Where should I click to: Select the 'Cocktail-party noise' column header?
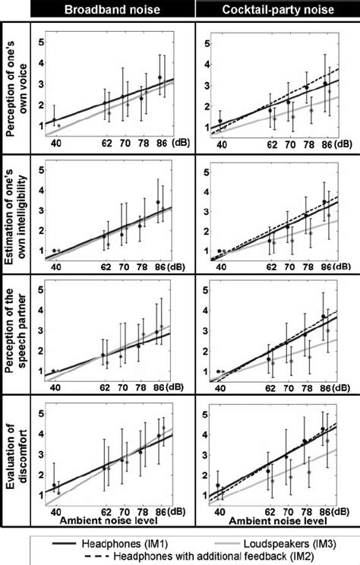[x=276, y=9]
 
